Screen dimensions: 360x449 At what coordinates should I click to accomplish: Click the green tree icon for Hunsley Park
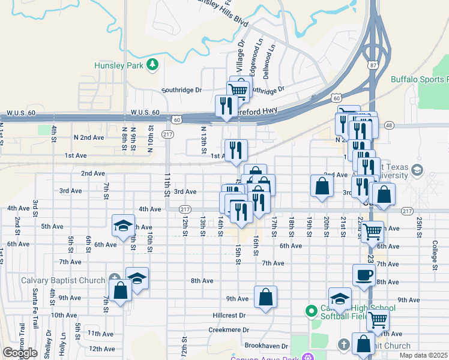153,64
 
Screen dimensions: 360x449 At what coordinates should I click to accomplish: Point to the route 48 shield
389,125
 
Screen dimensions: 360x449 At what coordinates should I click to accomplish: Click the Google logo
20,352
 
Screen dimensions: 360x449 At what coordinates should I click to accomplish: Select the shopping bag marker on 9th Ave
265,296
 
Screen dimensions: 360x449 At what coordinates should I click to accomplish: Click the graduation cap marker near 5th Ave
123,226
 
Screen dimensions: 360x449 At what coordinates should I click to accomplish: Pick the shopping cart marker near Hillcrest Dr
378,321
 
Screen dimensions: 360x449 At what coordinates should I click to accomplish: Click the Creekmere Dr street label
229,330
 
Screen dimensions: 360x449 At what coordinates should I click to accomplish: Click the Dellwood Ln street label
271,55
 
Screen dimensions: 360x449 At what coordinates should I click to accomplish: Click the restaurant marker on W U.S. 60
224,106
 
